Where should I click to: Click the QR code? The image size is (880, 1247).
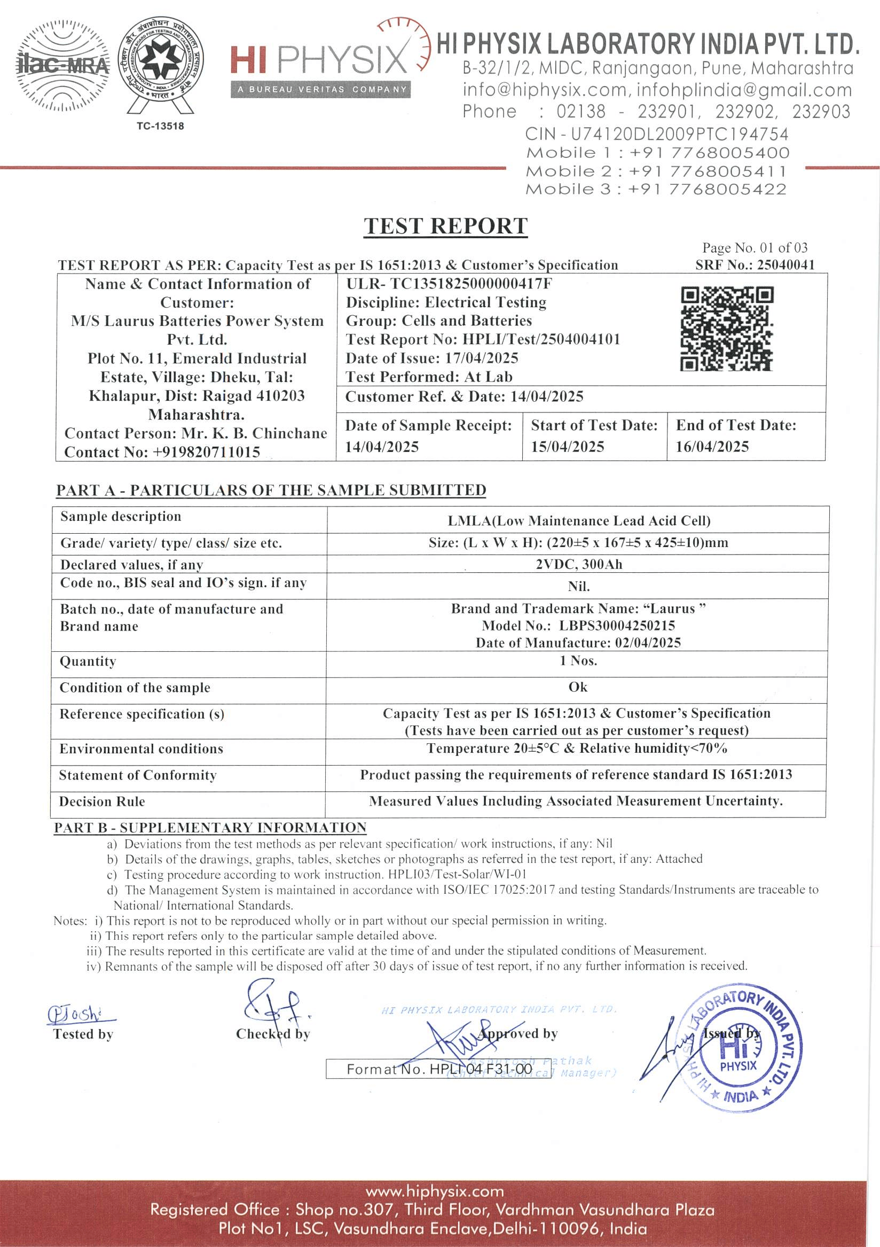coord(727,329)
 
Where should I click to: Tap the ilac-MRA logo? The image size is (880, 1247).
coord(63,66)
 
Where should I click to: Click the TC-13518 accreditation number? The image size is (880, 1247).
coord(160,126)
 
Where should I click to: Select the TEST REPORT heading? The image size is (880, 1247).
coord(445,226)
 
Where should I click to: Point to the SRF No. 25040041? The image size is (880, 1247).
coord(755,265)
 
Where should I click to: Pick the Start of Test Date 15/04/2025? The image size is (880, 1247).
coord(567,447)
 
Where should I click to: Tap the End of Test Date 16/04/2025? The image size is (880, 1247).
coord(712,447)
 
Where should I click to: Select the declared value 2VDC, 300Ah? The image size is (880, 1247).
coord(579,564)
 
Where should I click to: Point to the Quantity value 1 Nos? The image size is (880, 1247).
coord(579,660)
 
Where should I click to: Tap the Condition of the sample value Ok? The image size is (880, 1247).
coord(578,687)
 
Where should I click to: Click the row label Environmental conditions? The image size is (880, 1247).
coord(141,749)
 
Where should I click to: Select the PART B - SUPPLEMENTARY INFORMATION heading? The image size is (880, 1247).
coord(210,828)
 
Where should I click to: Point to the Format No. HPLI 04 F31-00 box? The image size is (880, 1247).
coord(438,1069)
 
